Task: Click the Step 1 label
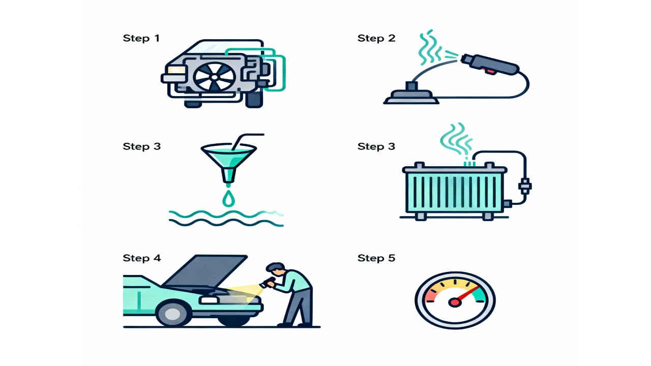pos(141,38)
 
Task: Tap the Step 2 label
pos(376,38)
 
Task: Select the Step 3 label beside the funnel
pos(141,146)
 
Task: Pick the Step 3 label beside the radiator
pos(376,146)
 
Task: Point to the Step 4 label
pos(142,258)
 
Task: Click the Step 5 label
pos(376,258)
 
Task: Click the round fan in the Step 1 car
pos(215,77)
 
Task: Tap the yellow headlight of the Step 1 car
pos(176,70)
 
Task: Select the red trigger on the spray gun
pos(489,71)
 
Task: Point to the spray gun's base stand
pos(411,94)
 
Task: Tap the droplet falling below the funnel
pos(228,198)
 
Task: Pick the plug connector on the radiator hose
pos(525,186)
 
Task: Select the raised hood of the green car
pos(204,271)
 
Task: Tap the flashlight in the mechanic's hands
pos(267,283)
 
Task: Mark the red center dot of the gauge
pos(455,302)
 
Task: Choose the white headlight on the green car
pos(209,300)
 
